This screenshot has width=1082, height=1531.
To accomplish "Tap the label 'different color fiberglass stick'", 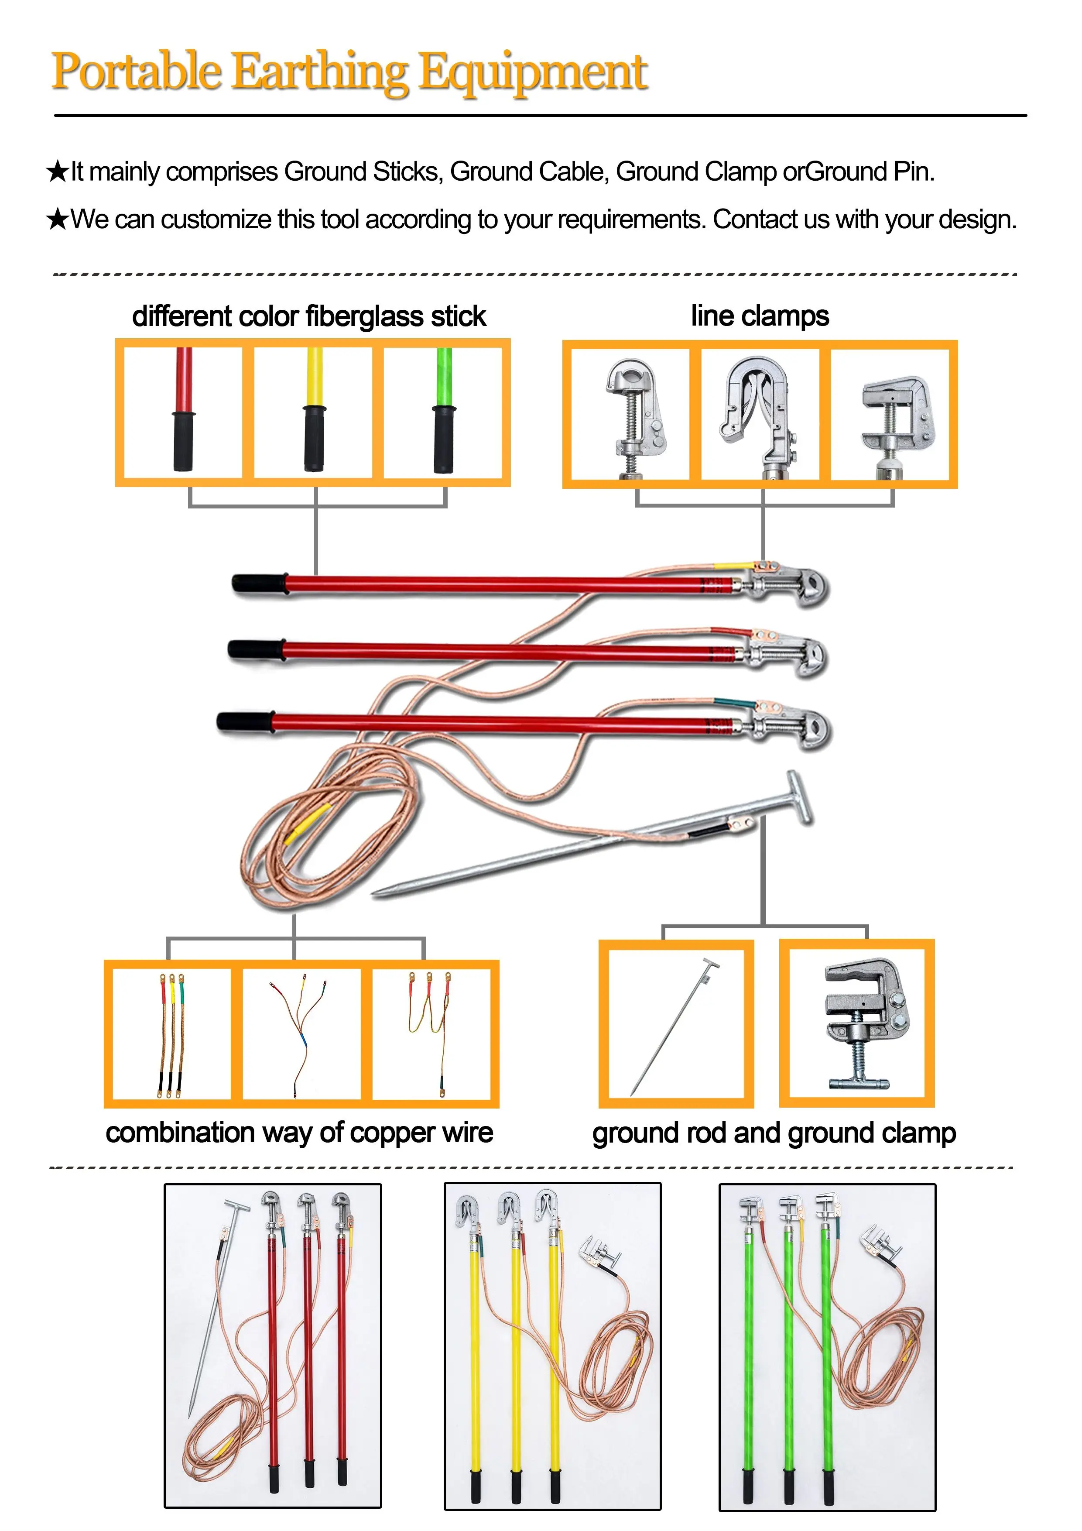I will (308, 316).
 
